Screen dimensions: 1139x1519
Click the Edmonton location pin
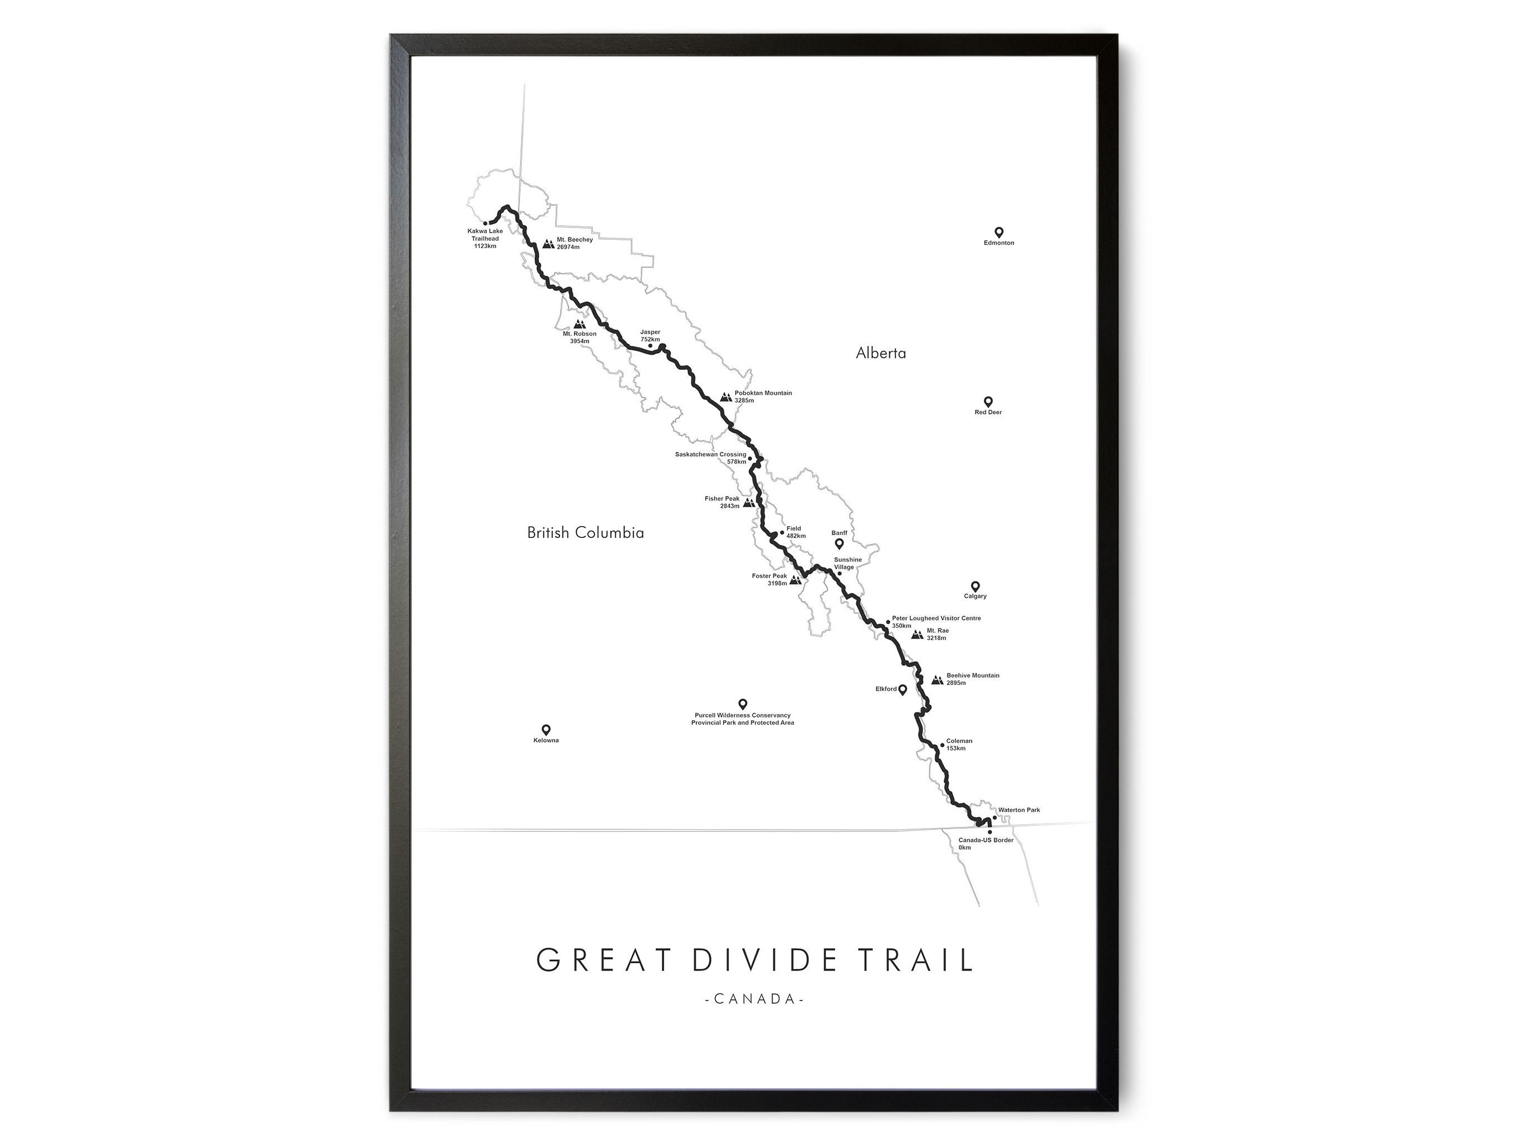click(x=998, y=232)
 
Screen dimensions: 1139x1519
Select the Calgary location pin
click(x=975, y=586)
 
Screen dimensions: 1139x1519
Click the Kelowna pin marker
click(x=546, y=729)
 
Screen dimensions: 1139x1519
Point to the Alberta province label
click(x=880, y=353)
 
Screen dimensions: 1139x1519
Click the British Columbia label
click(x=585, y=532)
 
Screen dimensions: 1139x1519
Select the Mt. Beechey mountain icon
click(x=548, y=243)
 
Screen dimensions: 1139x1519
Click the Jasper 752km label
click(x=650, y=336)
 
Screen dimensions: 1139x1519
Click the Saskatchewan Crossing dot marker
click(x=750, y=458)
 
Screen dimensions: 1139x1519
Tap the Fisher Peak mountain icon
click(x=749, y=503)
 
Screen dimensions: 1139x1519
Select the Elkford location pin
click(x=902, y=689)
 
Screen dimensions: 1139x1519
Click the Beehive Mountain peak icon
click(x=937, y=680)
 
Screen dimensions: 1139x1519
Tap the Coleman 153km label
click(x=959, y=744)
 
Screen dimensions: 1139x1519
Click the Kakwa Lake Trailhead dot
click(x=485, y=223)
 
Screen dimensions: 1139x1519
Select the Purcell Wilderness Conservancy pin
click(x=743, y=703)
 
